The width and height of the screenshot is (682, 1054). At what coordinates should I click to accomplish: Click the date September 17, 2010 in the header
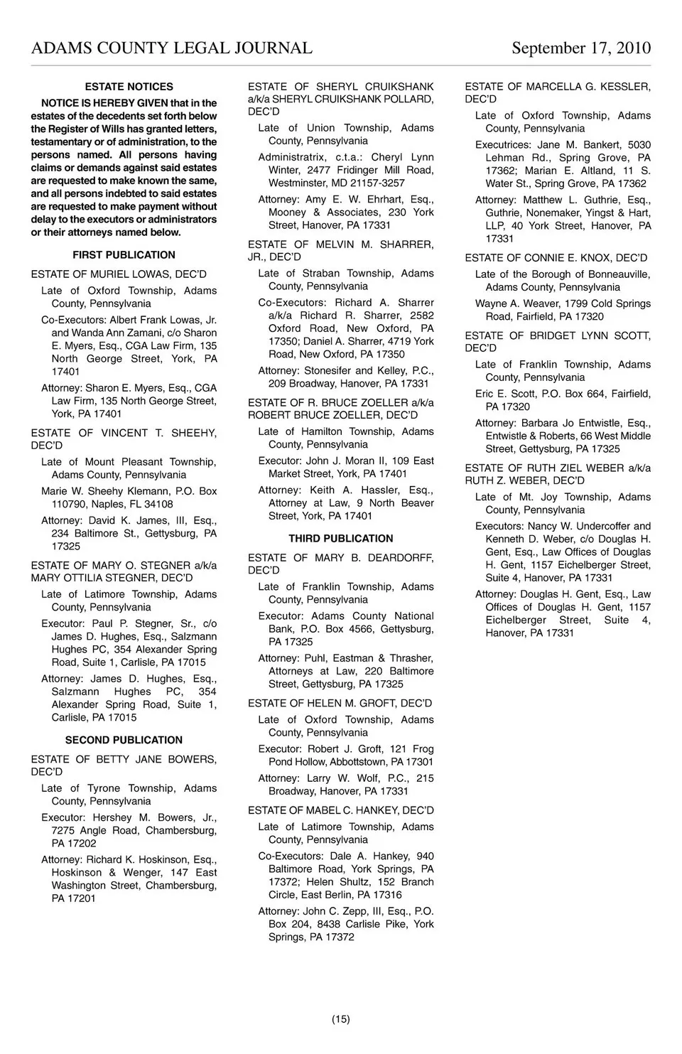(x=580, y=48)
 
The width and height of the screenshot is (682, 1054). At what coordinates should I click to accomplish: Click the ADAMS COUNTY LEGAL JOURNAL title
(x=171, y=48)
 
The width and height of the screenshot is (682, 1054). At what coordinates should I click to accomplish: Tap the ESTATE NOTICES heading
(x=129, y=87)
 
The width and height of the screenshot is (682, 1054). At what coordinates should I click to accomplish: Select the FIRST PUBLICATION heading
(x=124, y=255)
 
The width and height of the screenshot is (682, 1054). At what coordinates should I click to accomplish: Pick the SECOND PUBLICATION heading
(x=124, y=740)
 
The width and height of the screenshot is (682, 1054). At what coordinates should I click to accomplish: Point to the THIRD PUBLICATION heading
(x=340, y=539)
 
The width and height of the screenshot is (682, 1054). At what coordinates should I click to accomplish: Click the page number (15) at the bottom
(x=340, y=1019)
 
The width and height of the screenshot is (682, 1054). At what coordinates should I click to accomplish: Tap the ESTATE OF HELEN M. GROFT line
(x=340, y=704)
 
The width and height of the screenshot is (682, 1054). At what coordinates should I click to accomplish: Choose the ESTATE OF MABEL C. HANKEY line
(x=340, y=810)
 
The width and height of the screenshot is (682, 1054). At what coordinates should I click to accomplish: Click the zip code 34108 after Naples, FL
(x=158, y=504)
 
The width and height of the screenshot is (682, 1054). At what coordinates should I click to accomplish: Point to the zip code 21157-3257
(x=376, y=183)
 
